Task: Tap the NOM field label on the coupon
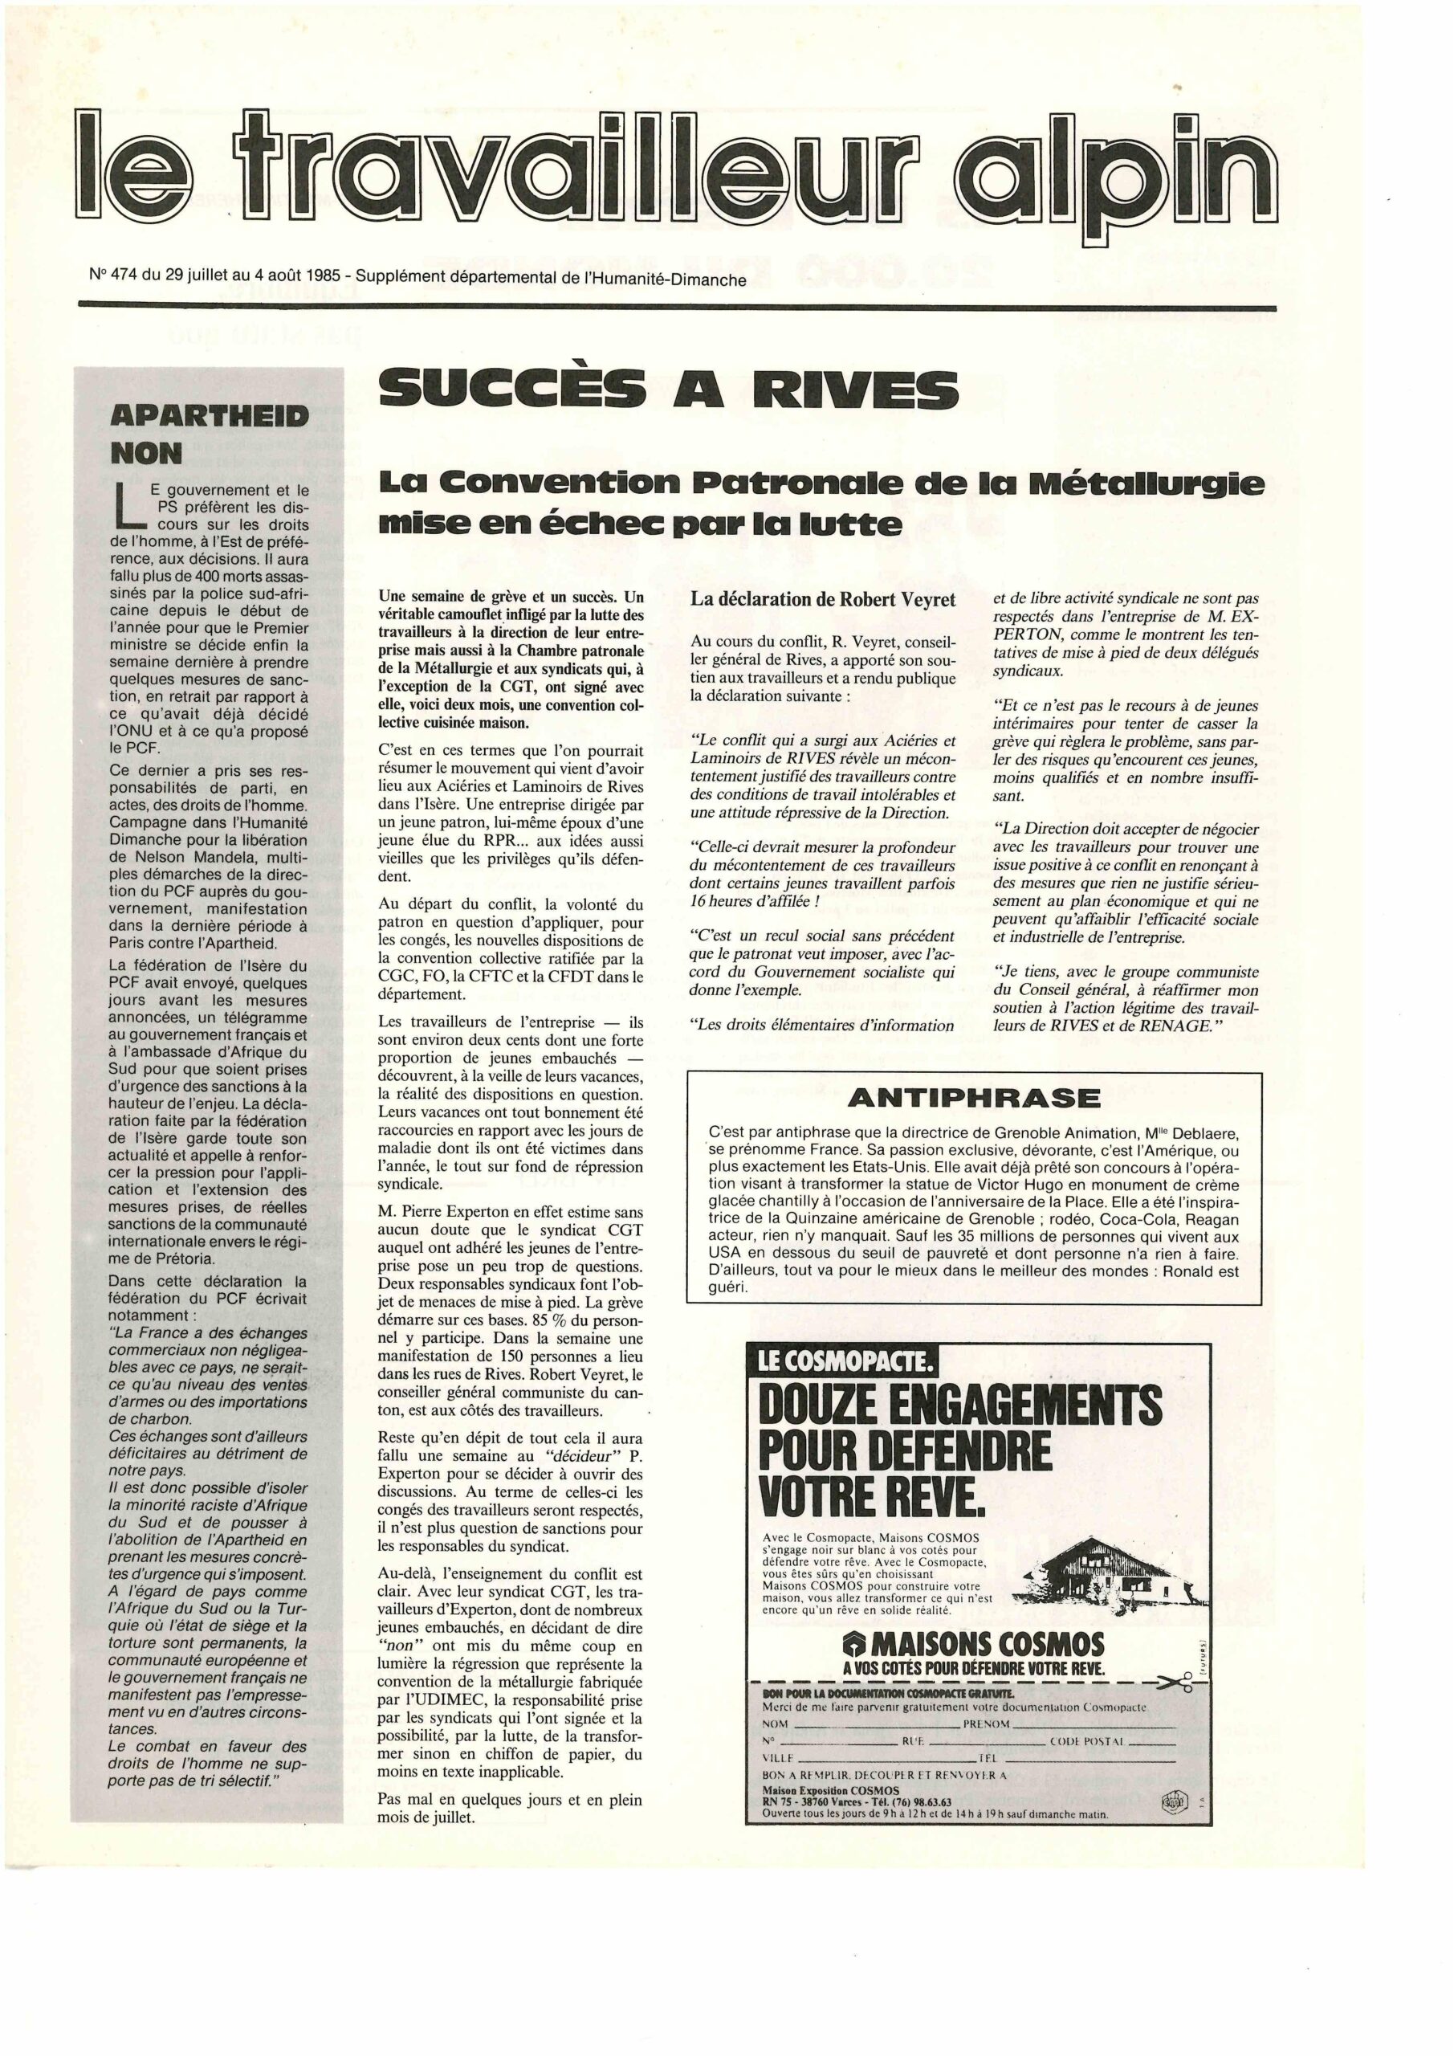coord(776,1724)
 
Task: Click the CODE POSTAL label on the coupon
coord(1090,1743)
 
